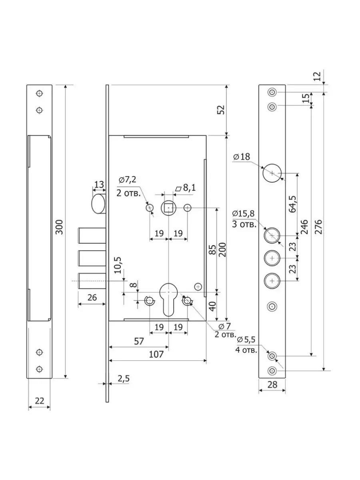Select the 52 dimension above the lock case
pyautogui.click(x=221, y=110)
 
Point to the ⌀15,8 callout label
pyautogui.click(x=244, y=214)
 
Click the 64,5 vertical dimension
pyautogui.click(x=292, y=204)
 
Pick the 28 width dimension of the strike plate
pyautogui.click(x=272, y=384)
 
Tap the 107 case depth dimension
pyautogui.click(x=156, y=354)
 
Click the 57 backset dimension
pyautogui.click(x=139, y=341)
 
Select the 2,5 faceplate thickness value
pyautogui.click(x=124, y=378)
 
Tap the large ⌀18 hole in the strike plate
pyautogui.click(x=272, y=173)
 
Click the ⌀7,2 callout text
pyautogui.click(x=128, y=180)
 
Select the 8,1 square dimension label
pyautogui.click(x=186, y=188)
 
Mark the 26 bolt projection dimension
pyautogui.click(x=92, y=298)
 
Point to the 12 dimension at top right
pyautogui.click(x=318, y=76)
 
